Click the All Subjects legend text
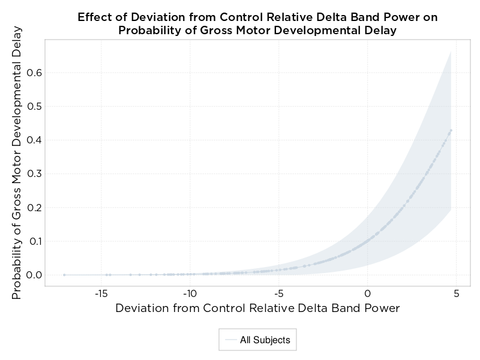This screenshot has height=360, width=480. tap(265, 340)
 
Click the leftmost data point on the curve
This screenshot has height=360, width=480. tap(64, 275)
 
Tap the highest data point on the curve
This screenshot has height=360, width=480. tap(451, 130)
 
